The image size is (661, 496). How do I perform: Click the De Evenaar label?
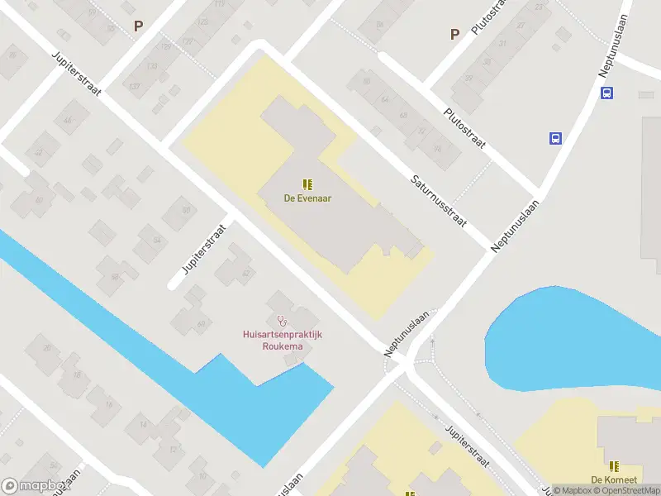pyautogui.click(x=307, y=198)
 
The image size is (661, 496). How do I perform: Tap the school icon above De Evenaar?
pyautogui.click(x=307, y=184)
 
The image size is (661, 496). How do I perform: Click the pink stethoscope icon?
pyautogui.click(x=283, y=319)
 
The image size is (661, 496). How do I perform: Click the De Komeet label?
pyautogui.click(x=612, y=479)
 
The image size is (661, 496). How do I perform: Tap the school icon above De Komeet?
pyautogui.click(x=614, y=465)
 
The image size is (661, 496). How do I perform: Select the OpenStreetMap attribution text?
pyautogui.click(x=627, y=490)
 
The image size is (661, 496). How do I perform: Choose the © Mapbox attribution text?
pyautogui.click(x=573, y=490)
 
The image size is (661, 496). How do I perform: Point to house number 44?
pyautogui.click(x=68, y=121)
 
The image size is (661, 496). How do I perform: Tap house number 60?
pyautogui.click(x=202, y=324)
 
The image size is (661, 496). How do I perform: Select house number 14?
pyautogui.click(x=143, y=425)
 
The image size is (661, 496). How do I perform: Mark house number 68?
pyautogui.click(x=403, y=114)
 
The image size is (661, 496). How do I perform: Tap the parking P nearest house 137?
pyautogui.click(x=139, y=26)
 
